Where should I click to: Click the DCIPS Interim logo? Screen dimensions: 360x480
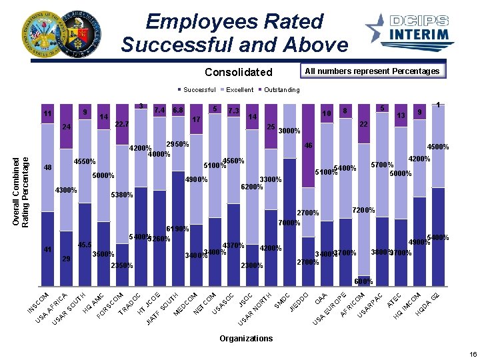408,30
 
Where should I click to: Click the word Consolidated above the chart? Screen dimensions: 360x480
238,72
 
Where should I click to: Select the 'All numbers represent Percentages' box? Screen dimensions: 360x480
372,71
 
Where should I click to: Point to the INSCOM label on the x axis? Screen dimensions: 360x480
38,302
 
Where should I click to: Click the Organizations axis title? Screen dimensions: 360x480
246,339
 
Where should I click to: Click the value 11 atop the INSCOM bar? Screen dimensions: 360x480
47,115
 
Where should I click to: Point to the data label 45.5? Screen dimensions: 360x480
85,245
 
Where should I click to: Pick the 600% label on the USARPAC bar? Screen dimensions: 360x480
363,282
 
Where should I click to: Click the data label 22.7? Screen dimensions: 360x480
121,124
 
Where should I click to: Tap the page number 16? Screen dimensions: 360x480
473,355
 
